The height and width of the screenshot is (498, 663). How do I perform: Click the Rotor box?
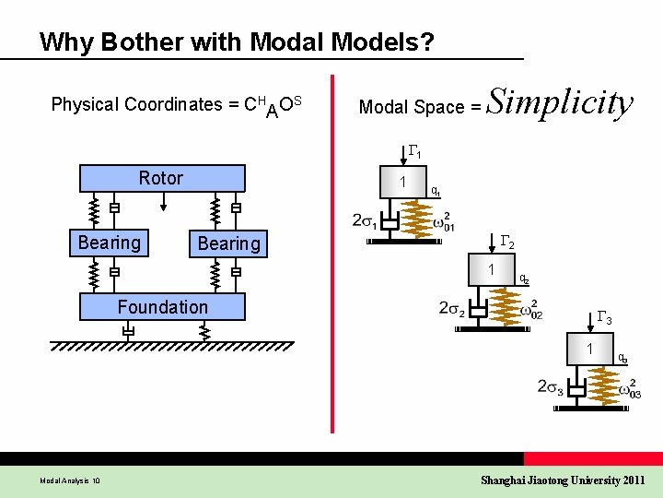(x=162, y=178)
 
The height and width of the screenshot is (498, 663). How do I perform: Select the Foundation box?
(x=162, y=307)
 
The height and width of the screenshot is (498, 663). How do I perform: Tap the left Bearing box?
(x=109, y=243)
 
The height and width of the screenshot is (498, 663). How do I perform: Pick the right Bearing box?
(x=228, y=243)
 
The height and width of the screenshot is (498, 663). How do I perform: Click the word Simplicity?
(x=559, y=103)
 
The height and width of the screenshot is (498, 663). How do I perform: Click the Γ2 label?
(x=506, y=243)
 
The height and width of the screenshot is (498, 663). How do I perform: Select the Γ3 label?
(x=605, y=319)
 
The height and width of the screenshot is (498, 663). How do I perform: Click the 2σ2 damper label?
(x=451, y=308)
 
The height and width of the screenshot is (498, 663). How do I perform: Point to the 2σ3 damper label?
(x=551, y=387)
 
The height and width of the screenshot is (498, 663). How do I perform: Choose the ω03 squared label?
(x=630, y=391)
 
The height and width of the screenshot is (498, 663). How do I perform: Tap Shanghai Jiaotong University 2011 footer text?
(x=564, y=480)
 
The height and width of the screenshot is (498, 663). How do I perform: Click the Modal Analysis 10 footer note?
(x=71, y=480)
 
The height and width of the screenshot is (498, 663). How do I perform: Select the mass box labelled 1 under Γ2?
(x=494, y=270)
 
